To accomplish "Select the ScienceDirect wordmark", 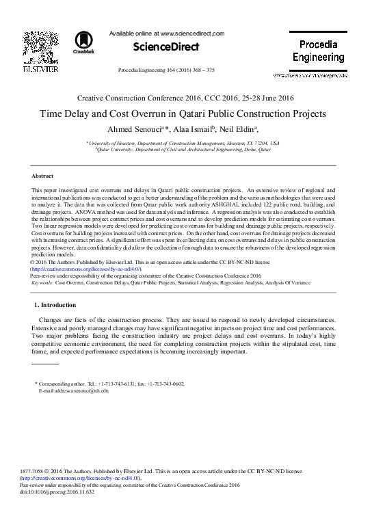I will click(160, 46).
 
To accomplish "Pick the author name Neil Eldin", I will click(240, 130).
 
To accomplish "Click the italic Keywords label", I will click(42, 282).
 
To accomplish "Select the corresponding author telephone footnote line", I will click(113, 384).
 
